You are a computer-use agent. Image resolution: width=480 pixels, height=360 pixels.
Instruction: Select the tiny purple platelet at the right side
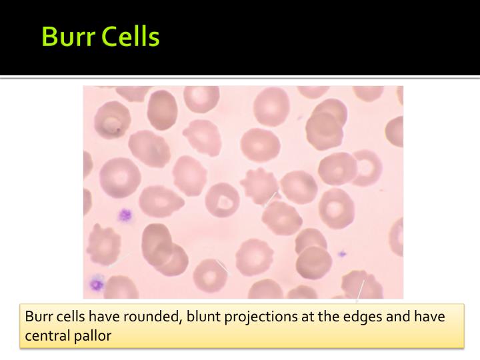(x=342, y=253)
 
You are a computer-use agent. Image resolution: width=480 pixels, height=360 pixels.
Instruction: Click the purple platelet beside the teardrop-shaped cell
(x=123, y=215)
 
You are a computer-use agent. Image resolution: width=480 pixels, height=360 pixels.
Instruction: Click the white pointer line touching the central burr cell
(x=269, y=199)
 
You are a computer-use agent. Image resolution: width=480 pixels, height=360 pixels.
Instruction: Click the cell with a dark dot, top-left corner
(x=111, y=120)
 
